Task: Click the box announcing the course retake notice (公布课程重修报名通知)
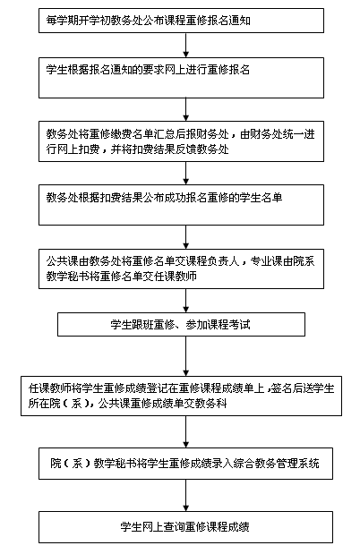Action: click(181, 21)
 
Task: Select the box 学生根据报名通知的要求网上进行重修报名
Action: click(181, 78)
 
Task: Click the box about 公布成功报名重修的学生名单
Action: click(181, 205)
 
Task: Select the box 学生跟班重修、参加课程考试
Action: click(181, 324)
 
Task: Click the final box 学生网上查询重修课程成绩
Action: click(185, 527)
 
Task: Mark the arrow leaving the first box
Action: click(185, 46)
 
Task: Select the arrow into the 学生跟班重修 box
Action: click(185, 301)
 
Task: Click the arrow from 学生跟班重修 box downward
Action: click(185, 356)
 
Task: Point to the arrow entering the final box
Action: click(185, 495)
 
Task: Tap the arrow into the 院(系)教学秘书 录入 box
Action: click(185, 431)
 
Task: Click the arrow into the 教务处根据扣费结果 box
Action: click(185, 173)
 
